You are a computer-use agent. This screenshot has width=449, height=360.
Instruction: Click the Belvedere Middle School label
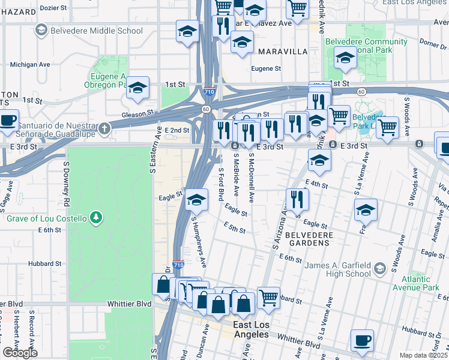pyautogui.click(x=96, y=31)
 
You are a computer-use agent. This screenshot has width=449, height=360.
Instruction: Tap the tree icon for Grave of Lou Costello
pyautogui.click(x=95, y=217)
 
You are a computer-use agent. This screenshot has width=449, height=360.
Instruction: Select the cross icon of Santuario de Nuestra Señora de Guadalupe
pyautogui.click(x=104, y=128)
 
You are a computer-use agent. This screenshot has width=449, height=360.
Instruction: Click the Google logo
pyautogui.click(x=20, y=353)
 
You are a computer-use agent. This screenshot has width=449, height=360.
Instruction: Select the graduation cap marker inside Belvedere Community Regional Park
pyautogui.click(x=345, y=59)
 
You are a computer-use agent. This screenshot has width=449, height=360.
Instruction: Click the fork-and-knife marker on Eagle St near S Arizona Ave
pyautogui.click(x=297, y=199)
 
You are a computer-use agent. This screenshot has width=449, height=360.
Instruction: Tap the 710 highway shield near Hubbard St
pyautogui.click(x=178, y=265)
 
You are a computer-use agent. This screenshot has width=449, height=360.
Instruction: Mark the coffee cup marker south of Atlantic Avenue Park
pyautogui.click(x=362, y=340)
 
